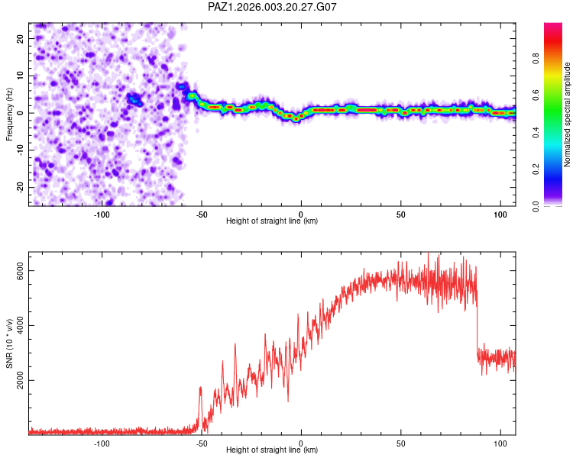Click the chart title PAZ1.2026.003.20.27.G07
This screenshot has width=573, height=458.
point(272,7)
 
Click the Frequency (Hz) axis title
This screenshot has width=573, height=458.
point(9,114)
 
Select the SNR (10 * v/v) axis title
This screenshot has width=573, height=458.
point(9,343)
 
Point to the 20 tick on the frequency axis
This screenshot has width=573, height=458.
point(21,37)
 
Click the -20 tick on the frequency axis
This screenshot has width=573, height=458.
point(21,187)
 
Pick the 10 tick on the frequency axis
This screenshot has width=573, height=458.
point(21,75)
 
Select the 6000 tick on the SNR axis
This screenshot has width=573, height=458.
point(21,270)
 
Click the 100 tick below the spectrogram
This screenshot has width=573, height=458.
point(500,214)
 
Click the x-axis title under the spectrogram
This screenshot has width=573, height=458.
point(272,221)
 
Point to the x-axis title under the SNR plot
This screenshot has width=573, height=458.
point(272,450)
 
